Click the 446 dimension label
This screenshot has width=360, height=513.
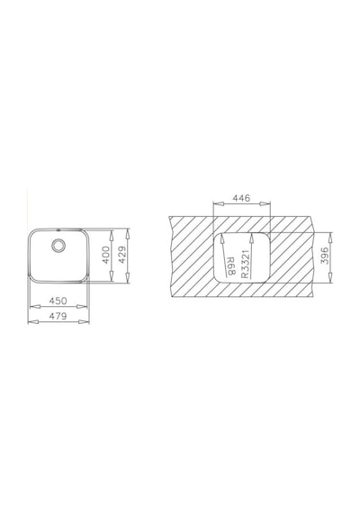pyautogui.click(x=241, y=198)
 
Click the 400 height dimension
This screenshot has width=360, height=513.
pyautogui.click(x=105, y=256)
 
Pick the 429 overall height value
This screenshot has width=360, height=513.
pyautogui.click(x=121, y=256)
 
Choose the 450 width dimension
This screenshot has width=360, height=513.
pyautogui.click(x=58, y=301)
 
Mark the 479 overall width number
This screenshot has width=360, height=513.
pyautogui.click(x=58, y=316)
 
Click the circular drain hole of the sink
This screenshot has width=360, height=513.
pyautogui.click(x=58, y=245)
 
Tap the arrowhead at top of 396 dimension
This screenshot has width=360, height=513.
pyautogui.click(x=331, y=238)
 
